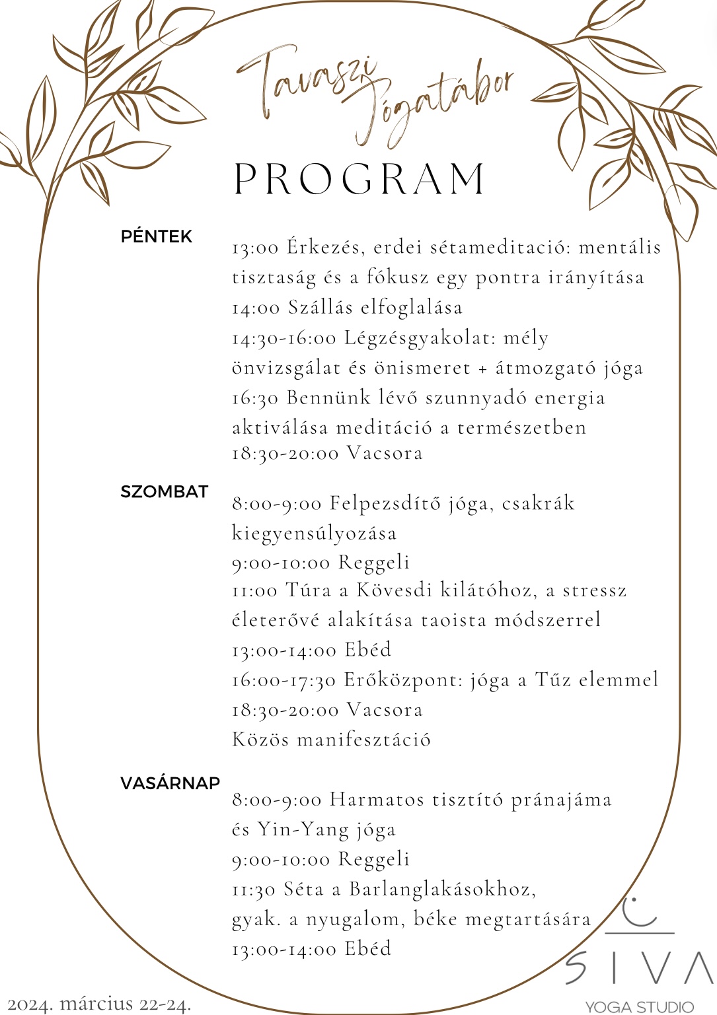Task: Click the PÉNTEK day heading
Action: [157, 236]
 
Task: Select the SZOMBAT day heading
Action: [164, 492]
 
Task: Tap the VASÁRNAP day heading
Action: [170, 783]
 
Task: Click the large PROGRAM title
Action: [361, 178]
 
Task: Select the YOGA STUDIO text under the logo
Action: [640, 1007]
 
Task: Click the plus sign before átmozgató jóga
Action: [483, 368]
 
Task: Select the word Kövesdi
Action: [395, 590]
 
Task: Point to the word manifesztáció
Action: [363, 739]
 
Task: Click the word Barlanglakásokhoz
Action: [442, 889]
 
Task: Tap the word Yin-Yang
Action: [303, 829]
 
